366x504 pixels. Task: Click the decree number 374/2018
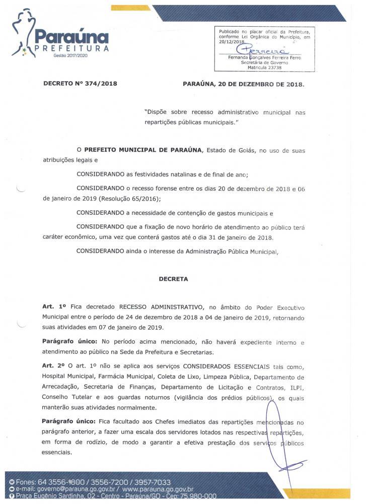pos(101,84)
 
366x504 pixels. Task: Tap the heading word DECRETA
pos(174,278)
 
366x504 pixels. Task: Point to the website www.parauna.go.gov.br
pos(158,489)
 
